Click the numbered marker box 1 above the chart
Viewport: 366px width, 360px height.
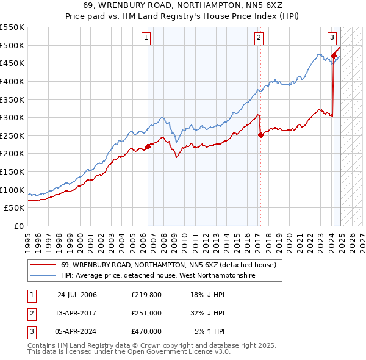click(x=147, y=38)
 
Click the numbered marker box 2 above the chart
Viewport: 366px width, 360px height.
click(x=259, y=38)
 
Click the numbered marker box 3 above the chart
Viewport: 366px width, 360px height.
click(x=332, y=38)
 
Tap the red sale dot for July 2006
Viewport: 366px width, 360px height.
click(x=148, y=146)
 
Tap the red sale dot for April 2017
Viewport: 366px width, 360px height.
click(x=260, y=135)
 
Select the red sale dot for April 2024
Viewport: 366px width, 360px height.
click(x=334, y=56)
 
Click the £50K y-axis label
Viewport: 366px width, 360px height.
click(x=15, y=208)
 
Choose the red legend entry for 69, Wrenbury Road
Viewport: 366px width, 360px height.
click(x=168, y=265)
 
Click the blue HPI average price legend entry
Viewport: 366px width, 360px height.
click(x=157, y=276)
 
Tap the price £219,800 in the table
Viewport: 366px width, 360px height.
click(x=146, y=295)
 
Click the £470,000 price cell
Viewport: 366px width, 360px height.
click(x=146, y=331)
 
